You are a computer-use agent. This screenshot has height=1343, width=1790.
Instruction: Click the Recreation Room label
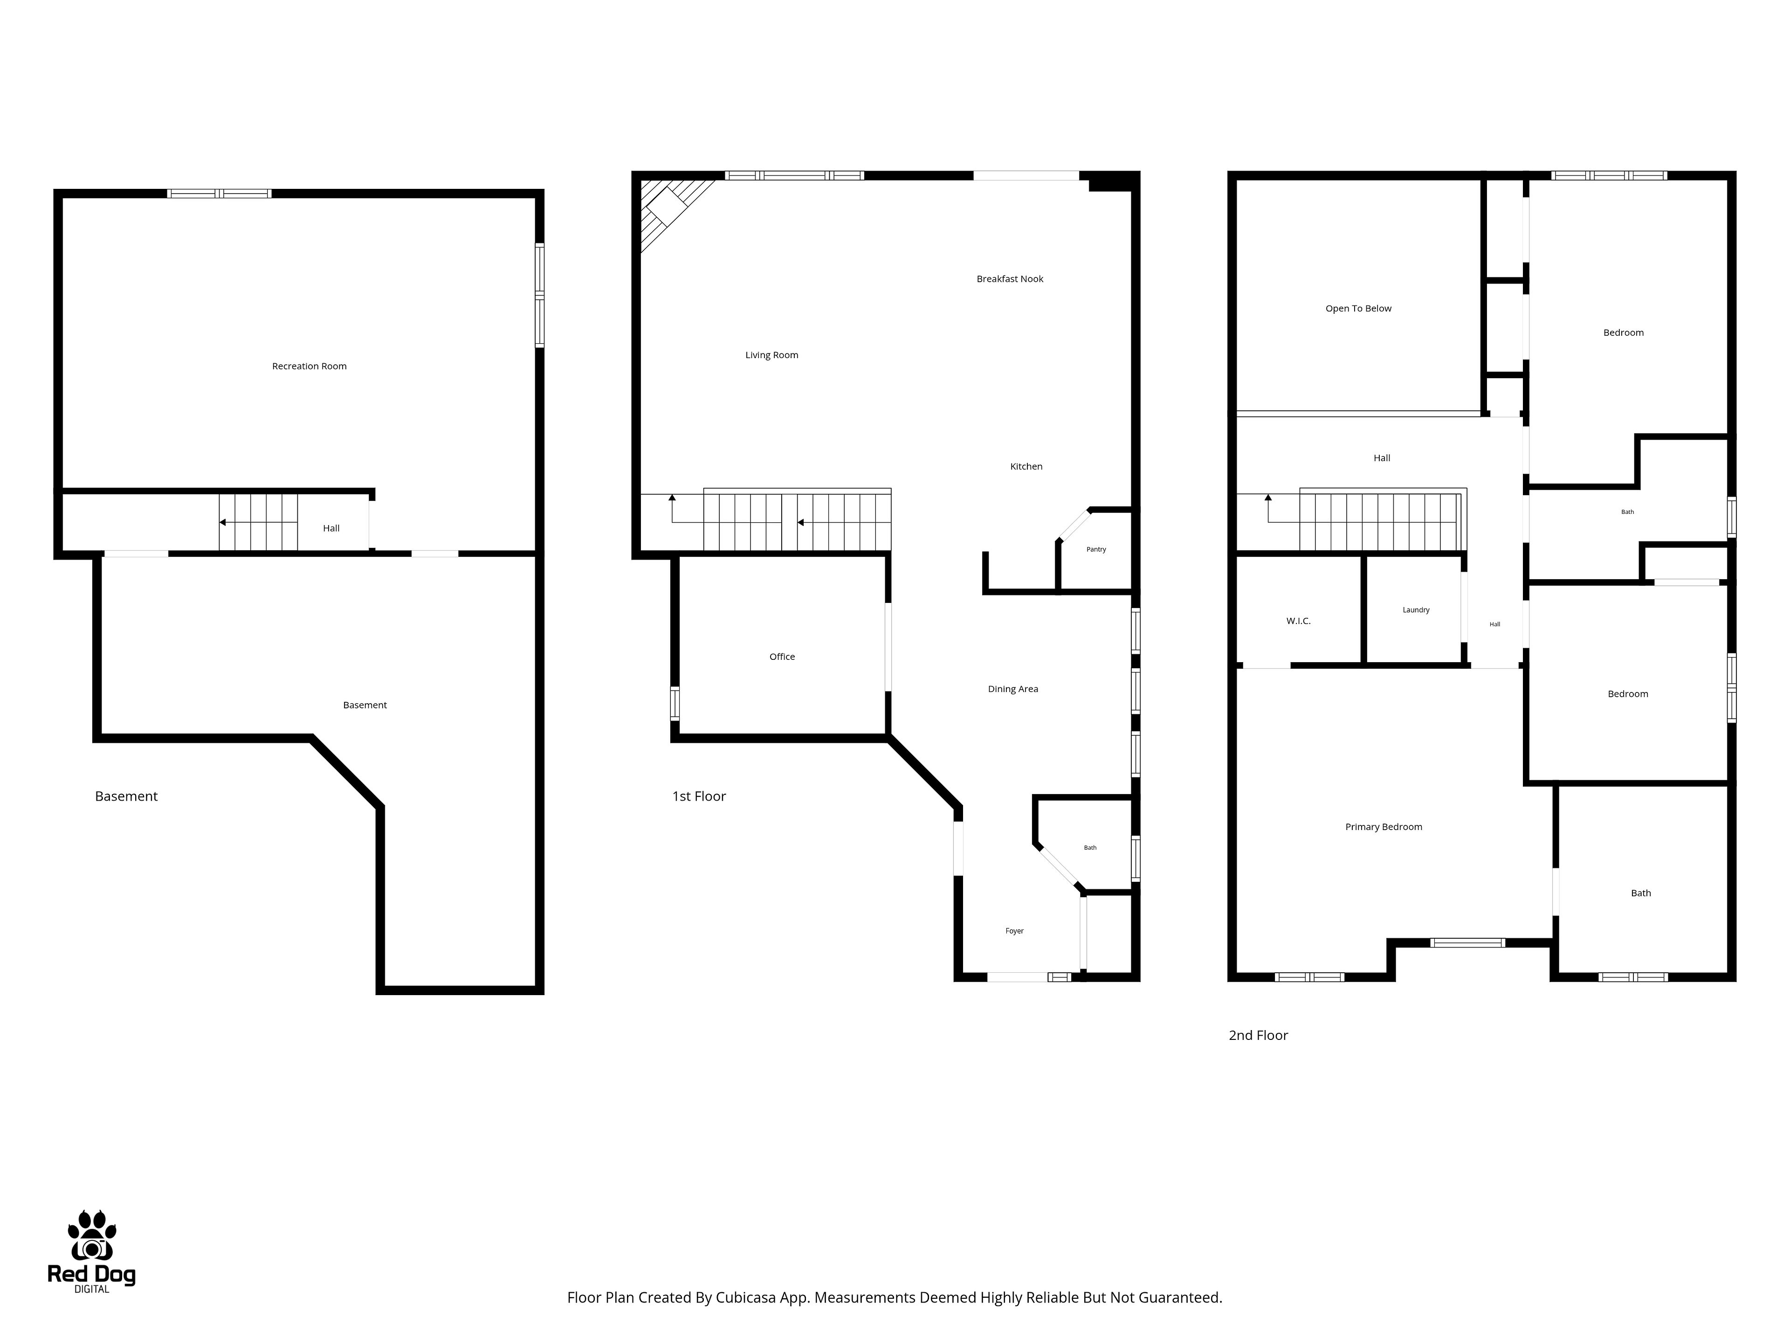(309, 367)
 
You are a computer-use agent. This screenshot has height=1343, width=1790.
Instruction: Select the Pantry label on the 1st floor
(1096, 550)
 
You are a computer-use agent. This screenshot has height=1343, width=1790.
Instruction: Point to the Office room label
(782, 657)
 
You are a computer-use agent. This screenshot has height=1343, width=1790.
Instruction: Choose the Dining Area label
(1013, 689)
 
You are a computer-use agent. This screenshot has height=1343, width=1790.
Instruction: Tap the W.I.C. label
(1298, 621)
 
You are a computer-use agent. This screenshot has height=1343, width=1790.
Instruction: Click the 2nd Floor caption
(1258, 1035)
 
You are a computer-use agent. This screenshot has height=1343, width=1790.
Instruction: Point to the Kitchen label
(1026, 466)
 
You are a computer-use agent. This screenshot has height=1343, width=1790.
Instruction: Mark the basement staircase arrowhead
(222, 523)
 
